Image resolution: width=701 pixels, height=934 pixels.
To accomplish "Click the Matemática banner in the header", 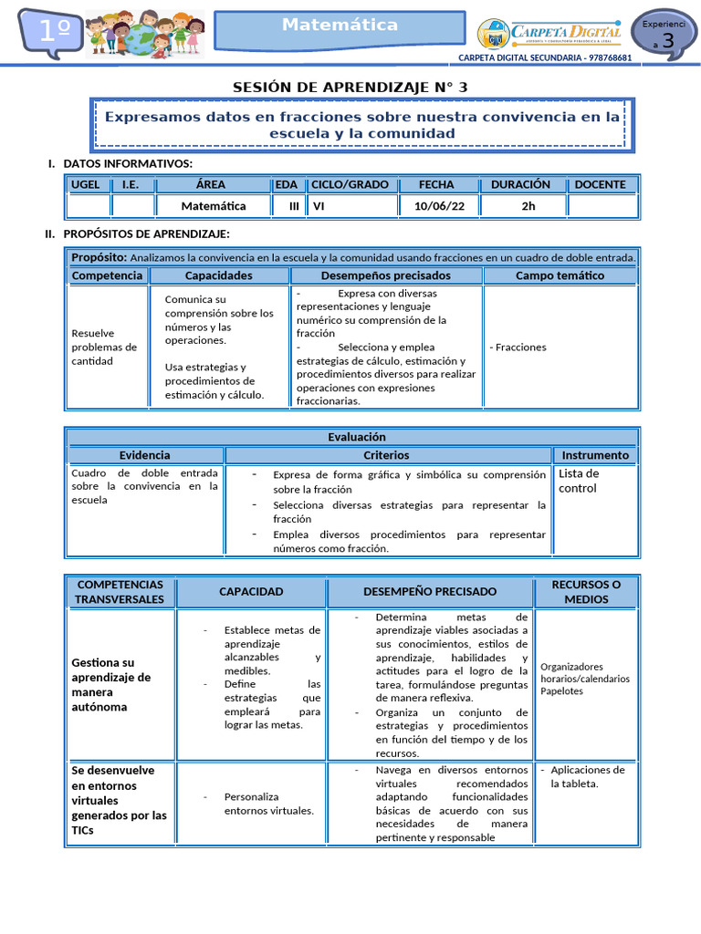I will [340, 26].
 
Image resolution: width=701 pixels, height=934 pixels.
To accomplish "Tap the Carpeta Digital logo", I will [550, 34].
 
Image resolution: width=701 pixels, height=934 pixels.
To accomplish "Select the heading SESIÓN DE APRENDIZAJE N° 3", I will [350, 88].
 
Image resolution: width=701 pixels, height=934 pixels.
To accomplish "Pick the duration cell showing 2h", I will [528, 206].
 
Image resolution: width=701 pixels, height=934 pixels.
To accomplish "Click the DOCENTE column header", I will [600, 184].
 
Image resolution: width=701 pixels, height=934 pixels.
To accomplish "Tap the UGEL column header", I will [86, 184].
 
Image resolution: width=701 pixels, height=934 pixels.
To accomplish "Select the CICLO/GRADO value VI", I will [319, 206].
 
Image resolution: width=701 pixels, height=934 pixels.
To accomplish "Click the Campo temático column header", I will [560, 275].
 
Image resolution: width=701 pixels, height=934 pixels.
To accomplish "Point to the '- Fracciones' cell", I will [518, 348].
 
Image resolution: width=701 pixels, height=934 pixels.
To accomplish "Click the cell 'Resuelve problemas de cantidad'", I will [104, 348].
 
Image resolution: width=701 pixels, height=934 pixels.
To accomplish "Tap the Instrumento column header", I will [594, 455].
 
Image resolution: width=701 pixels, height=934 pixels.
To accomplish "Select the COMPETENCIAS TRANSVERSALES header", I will [120, 592].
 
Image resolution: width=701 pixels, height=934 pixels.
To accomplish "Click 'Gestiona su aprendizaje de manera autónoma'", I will [111, 685].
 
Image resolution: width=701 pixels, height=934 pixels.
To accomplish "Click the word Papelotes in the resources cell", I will [561, 691].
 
